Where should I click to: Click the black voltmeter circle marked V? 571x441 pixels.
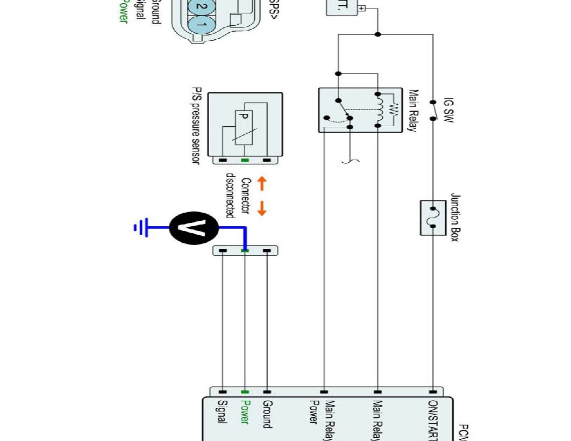194,228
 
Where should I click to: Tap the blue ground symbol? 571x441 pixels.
140,228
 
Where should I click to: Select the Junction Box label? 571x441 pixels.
454,218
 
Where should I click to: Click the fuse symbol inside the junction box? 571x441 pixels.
433,218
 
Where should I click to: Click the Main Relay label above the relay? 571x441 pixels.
413,111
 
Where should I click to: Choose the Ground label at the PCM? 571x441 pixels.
267,414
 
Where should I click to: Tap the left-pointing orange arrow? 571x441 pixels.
262,184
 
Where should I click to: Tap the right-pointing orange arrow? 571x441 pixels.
262,208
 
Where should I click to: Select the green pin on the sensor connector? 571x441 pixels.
245,161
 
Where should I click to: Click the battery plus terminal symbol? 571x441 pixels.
362,8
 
